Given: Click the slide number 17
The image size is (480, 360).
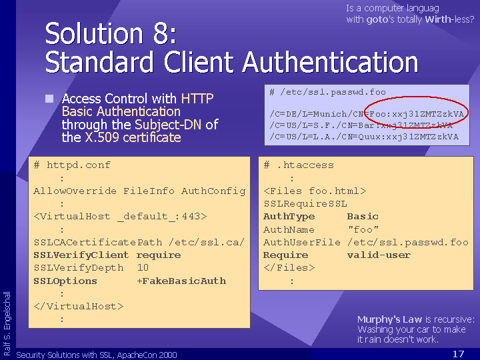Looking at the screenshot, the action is point(458,354).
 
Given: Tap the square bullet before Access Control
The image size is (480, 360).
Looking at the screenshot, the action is point(49,99).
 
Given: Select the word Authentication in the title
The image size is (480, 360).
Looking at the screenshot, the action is point(330,62).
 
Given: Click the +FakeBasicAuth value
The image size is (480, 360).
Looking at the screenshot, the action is point(181,281).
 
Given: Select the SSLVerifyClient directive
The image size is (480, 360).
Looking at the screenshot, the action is point(81,255).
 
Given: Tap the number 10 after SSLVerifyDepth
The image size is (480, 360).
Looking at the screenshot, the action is point(143,267).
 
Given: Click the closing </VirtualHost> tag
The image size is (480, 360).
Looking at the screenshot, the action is point(79,306).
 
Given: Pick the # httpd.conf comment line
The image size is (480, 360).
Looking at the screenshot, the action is point(72,165).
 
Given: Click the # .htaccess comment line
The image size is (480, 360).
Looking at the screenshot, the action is point(299,165).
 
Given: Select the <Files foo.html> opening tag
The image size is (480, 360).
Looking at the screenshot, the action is point(315,191).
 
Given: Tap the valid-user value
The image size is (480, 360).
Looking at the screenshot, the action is point(379,255).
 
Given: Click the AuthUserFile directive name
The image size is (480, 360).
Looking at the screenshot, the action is point(302,242).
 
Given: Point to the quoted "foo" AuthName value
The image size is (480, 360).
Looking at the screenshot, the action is point(363,229).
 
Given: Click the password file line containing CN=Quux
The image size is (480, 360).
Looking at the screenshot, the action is point(364,137).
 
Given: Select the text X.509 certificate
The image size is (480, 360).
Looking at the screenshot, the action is point(133,137).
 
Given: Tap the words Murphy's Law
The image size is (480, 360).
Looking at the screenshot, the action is point(389,319).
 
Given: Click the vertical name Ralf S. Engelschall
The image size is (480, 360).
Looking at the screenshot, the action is point(7,323).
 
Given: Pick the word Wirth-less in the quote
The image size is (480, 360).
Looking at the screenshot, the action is point(449,19).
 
